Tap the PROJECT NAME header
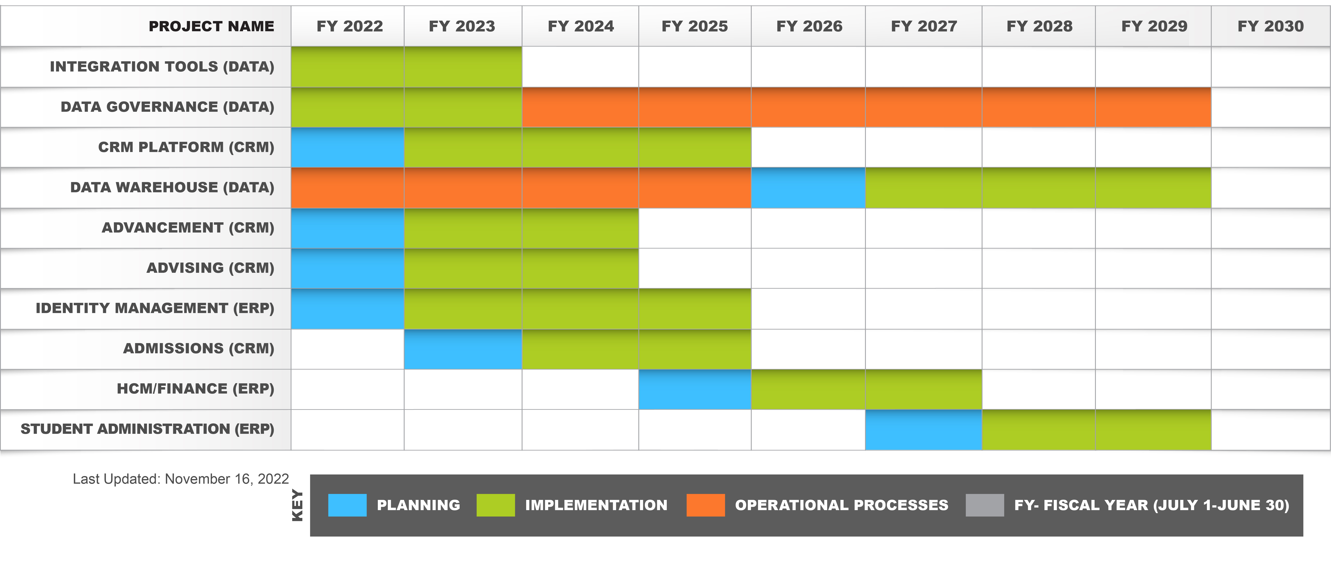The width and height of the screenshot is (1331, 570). point(211,26)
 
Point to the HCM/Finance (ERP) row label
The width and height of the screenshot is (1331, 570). point(195,389)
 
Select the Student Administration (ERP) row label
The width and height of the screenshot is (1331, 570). point(147,429)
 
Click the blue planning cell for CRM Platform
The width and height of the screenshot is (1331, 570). point(347,147)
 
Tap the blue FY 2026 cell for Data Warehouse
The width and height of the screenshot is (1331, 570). point(808,188)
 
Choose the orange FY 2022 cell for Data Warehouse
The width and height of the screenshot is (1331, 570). point(347,188)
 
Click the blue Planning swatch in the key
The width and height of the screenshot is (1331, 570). point(347,505)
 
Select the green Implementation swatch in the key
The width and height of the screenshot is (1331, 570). point(496,505)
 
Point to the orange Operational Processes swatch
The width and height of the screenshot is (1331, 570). point(705,505)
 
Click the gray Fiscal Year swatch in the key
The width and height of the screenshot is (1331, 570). point(984,505)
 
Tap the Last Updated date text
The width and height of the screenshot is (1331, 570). point(181,479)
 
